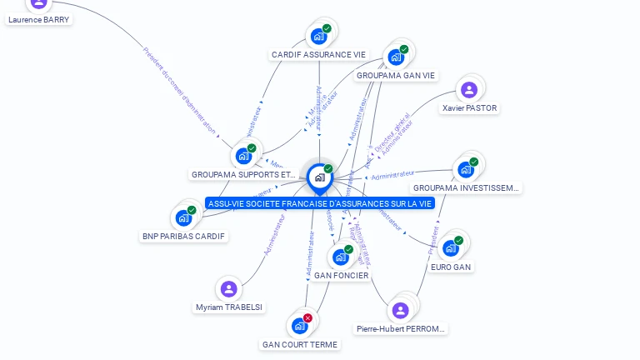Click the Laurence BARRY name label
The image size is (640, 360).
[39, 19]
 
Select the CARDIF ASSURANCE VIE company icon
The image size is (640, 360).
[317, 37]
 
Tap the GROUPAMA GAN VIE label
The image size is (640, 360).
[396, 75]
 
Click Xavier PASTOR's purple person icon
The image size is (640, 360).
[469, 90]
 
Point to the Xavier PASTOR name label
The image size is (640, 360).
[469, 107]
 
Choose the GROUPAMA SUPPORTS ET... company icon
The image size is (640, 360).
[243, 156]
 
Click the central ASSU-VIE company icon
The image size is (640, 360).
[319, 177]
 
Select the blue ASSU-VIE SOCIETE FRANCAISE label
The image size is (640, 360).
[320, 203]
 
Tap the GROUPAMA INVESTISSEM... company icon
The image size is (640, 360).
[465, 169]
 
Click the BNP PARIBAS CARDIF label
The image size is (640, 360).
[184, 236]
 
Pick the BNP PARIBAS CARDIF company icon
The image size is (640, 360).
[183, 218]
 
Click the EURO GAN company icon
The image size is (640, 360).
[451, 248]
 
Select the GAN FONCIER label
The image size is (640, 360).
[341, 275]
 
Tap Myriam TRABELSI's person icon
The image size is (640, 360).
[228, 289]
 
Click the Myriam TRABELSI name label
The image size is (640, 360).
[228, 307]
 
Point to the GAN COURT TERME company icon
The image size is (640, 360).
[299, 326]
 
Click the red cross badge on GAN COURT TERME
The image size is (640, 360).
[307, 318]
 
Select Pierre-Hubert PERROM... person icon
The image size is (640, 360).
[401, 311]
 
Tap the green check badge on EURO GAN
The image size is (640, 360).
[458, 241]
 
